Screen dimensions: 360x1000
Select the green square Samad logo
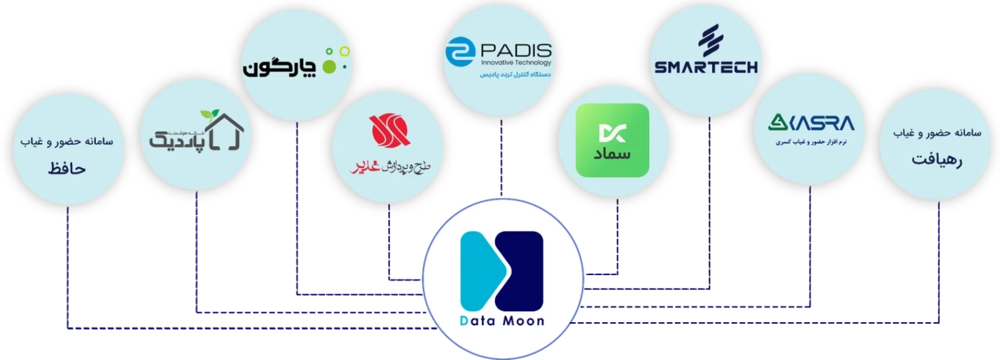[x=612, y=140]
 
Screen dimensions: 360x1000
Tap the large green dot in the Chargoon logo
[x=329, y=66]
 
